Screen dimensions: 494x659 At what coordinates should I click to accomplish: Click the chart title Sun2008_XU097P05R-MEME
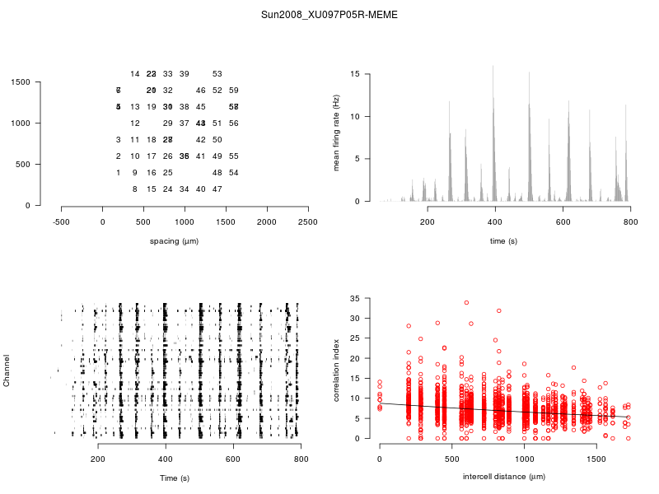329,15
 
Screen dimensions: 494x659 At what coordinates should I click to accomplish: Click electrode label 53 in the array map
217,74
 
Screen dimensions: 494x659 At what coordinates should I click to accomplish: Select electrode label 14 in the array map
135,74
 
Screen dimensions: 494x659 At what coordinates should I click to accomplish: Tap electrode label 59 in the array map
234,91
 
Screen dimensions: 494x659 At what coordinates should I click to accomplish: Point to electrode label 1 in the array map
119,173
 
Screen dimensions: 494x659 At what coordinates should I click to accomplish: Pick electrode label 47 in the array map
217,189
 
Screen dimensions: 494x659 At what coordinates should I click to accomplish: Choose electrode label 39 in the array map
185,74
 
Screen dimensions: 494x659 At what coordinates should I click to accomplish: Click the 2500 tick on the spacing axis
308,221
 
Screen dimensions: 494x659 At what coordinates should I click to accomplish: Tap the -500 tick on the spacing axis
61,221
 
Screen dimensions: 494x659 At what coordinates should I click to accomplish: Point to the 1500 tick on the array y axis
21,82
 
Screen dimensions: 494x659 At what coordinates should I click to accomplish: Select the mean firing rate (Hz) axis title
337,133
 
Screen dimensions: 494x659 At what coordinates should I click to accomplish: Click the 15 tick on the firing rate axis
355,74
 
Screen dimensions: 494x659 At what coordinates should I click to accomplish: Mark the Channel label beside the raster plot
7,371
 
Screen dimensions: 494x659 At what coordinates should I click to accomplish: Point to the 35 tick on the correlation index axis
355,298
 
